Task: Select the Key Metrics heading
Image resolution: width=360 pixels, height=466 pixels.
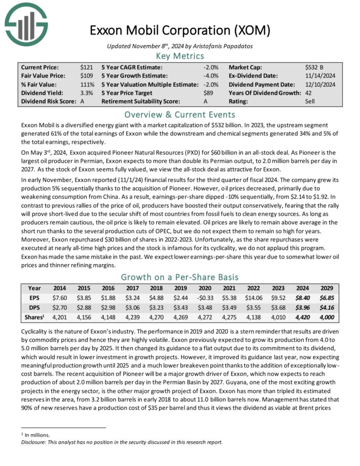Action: (x=180, y=56)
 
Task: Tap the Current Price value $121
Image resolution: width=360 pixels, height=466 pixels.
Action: (x=87, y=67)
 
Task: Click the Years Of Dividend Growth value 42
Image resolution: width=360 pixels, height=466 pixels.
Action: (x=309, y=93)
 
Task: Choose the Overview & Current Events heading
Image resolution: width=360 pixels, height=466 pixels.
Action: (x=180, y=114)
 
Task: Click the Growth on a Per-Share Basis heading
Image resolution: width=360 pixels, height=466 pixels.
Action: (x=180, y=277)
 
